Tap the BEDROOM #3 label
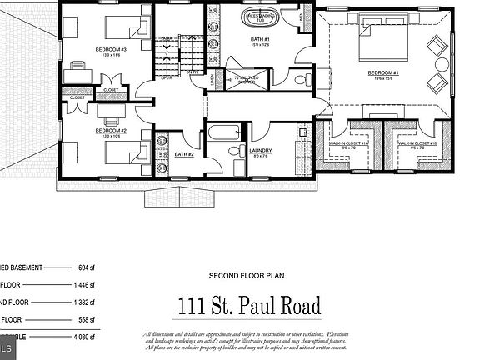(x=110, y=49)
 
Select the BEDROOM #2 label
(x=110, y=130)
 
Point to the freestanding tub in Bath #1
(x=261, y=16)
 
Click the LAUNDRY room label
(x=261, y=151)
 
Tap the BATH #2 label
(x=185, y=154)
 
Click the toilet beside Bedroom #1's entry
(x=302, y=80)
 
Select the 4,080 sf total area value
(x=82, y=337)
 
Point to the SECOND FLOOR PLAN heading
(x=249, y=276)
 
